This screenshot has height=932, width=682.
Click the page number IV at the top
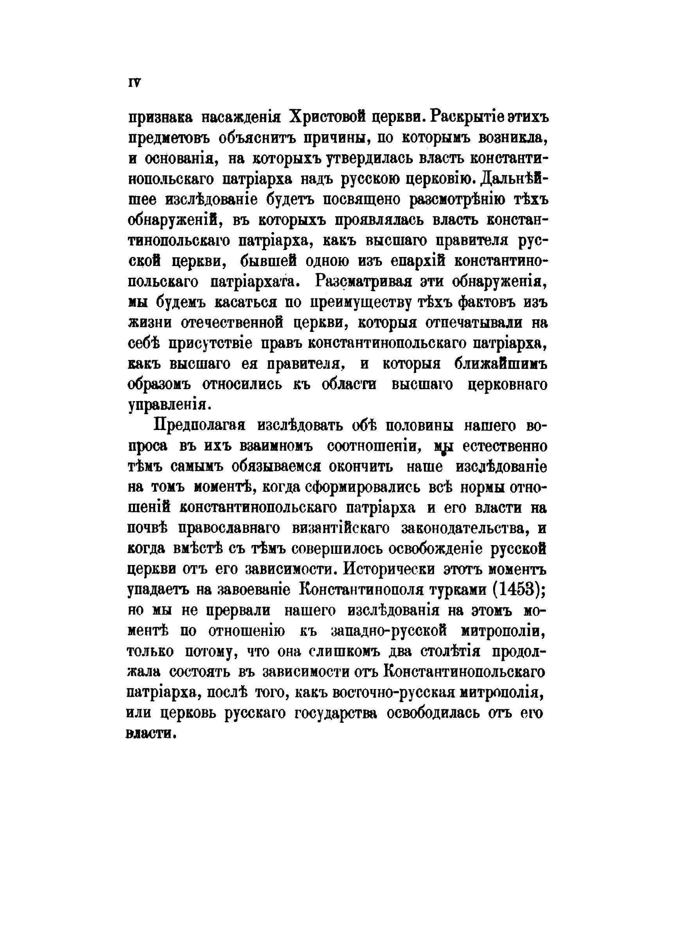135,83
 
